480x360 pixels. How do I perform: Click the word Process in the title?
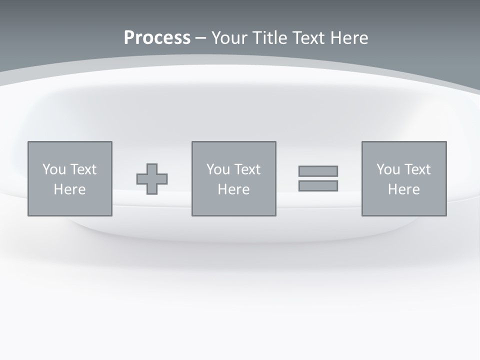pyautogui.click(x=157, y=38)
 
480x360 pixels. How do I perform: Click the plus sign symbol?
pyautogui.click(x=152, y=179)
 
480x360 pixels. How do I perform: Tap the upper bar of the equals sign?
pyautogui.click(x=318, y=171)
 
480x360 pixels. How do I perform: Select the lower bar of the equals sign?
pyautogui.click(x=318, y=185)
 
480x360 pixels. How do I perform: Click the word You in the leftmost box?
pyautogui.click(x=54, y=169)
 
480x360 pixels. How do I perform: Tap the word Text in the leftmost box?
pyautogui.click(x=83, y=169)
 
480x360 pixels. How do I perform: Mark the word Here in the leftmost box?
pyautogui.click(x=70, y=189)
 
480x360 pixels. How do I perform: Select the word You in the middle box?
pyautogui.click(x=218, y=169)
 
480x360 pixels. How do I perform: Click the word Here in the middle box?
pyautogui.click(x=234, y=189)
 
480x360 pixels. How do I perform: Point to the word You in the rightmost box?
pyautogui.click(x=388, y=169)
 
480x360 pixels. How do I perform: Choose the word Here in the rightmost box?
pyautogui.click(x=404, y=189)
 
